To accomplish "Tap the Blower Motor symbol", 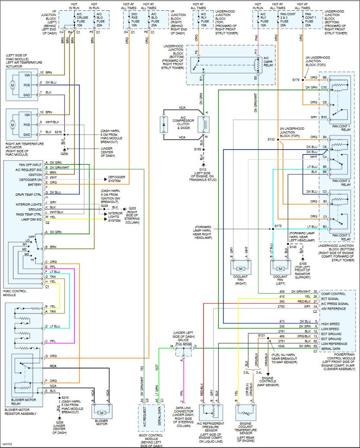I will pos(102,412).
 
